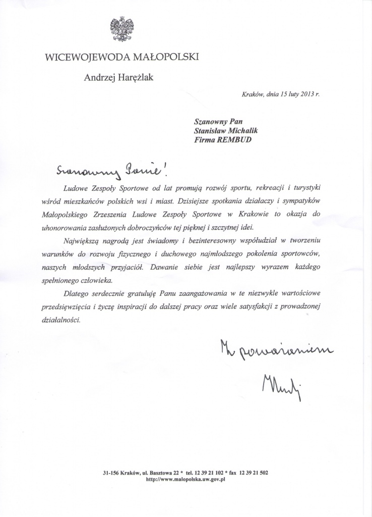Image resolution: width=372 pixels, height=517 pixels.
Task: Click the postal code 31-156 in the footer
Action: tap(111, 473)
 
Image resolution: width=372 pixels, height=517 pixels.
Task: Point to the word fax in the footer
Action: tap(233, 473)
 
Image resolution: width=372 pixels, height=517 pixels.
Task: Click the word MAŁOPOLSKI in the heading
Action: tap(166, 58)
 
